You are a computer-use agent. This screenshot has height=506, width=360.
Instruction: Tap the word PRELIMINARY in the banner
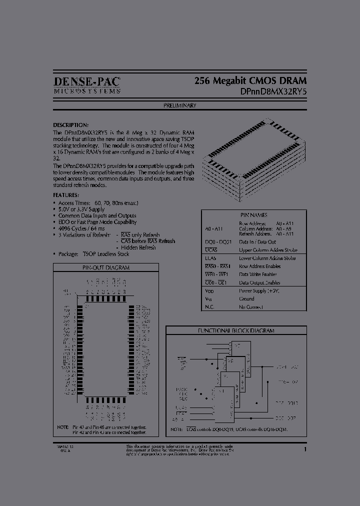[x=179, y=105]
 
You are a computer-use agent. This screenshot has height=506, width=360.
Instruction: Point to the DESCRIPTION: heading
[x=71, y=124]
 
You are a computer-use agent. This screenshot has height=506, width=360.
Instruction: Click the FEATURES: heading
[x=66, y=195]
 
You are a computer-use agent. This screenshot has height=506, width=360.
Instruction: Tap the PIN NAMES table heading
[x=253, y=215]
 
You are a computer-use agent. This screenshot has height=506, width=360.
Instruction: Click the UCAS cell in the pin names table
[x=210, y=249]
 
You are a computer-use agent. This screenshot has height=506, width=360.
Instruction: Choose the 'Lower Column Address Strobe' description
[x=267, y=258]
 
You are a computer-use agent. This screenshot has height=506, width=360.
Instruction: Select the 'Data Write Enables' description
[x=258, y=274]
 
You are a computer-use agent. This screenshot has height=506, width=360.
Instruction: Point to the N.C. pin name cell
[x=210, y=307]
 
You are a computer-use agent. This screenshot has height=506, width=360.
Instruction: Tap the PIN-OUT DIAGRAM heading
[x=105, y=267]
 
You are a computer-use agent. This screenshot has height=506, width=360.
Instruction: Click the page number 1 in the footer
[x=305, y=449]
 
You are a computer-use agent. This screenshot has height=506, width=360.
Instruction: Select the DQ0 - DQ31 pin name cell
[x=218, y=241]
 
